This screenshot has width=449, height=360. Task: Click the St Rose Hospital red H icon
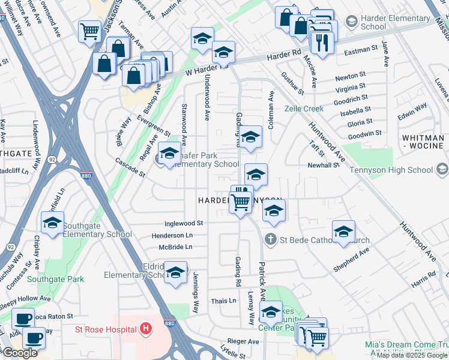click(x=145, y=329)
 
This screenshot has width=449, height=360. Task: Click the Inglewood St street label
click(x=180, y=223)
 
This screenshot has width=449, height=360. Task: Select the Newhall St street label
click(x=324, y=165)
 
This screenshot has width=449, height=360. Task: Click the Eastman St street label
click(x=361, y=53)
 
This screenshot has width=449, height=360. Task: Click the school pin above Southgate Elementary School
click(x=53, y=223)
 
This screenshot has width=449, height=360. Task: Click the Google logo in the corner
click(x=20, y=353)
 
